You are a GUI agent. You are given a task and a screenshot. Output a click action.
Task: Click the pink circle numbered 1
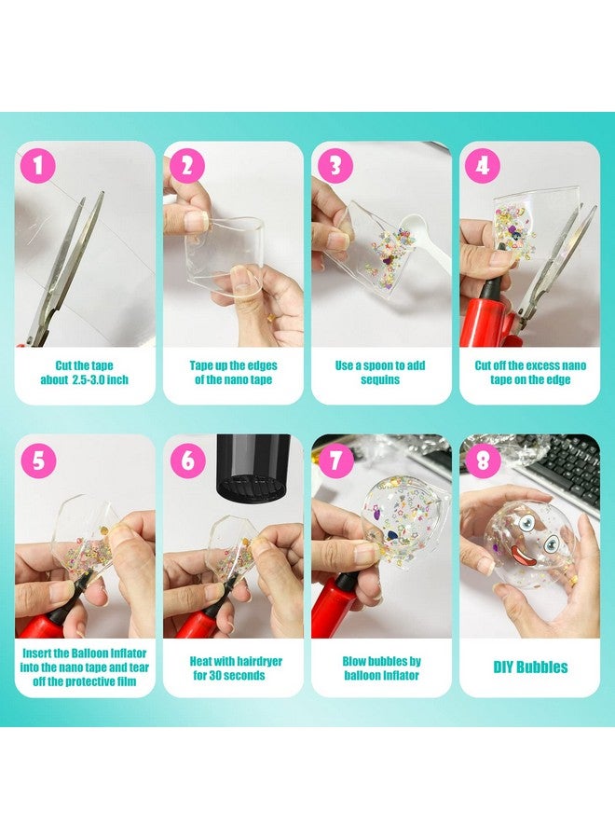pos(38,166)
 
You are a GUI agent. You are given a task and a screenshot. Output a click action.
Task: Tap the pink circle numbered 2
pos(187,166)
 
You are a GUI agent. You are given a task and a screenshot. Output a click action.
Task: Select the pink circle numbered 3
pos(335,166)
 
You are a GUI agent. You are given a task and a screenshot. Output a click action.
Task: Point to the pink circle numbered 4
pos(483,166)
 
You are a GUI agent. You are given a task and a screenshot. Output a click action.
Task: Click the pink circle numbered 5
pos(38,461)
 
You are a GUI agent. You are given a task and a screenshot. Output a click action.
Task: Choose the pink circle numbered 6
pos(187,461)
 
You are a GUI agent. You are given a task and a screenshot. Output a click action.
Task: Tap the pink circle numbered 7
pos(335,461)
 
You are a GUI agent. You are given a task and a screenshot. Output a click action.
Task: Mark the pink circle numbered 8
pos(483,461)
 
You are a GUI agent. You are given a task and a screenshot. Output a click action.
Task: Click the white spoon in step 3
pos(422,236)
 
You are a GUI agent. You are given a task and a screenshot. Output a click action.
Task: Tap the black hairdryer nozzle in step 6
pos(253,464)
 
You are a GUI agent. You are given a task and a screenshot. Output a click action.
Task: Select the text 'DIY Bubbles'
pos(530,667)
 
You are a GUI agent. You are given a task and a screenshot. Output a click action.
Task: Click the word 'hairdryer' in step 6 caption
pos(259,661)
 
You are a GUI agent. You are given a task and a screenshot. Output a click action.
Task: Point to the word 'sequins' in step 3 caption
pos(380,380)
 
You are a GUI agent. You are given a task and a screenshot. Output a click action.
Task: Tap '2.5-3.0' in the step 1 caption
pos(89,380)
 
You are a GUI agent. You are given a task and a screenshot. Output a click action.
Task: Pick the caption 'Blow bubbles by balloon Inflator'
pos(381,668)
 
